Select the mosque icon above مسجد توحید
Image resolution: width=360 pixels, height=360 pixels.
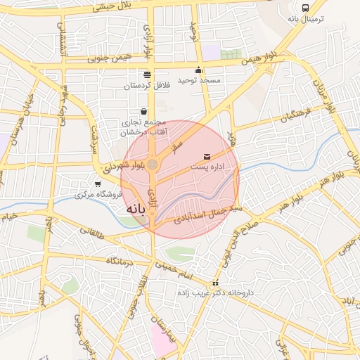[199, 70]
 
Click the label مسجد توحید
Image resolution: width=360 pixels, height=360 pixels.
[199, 80]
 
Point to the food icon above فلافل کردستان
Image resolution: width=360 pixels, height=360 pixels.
[146, 75]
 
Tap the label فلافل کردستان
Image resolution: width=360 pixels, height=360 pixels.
[146, 85]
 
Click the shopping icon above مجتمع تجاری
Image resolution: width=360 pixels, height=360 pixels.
[144, 111]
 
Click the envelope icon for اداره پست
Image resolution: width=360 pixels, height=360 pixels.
[207, 156]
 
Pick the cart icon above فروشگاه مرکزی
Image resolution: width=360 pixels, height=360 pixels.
[98, 184]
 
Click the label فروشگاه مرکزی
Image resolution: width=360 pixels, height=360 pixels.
[98, 194]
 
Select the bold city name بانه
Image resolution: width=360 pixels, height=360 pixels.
[136, 210]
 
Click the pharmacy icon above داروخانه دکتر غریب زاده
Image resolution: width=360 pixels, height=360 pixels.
[216, 283]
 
